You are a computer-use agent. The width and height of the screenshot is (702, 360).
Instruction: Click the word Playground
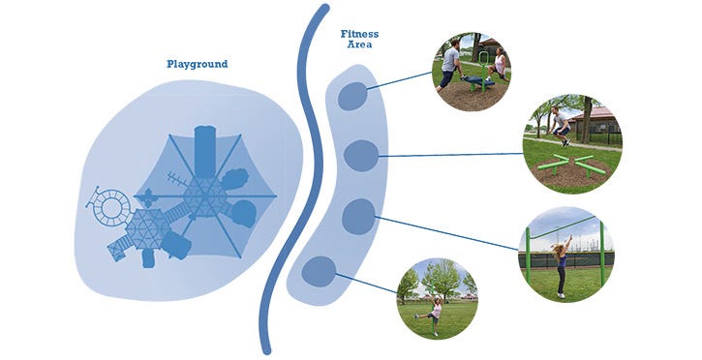click(x=197, y=64)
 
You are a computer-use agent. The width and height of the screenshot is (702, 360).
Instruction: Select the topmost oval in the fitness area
click(x=352, y=96)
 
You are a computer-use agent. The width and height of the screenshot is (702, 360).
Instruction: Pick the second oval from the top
click(x=362, y=155)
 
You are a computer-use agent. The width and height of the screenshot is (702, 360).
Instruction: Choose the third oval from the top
click(x=358, y=215)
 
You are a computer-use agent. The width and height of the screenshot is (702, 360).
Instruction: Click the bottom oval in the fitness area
click(x=319, y=272)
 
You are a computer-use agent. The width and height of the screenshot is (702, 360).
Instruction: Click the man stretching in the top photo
click(x=451, y=65)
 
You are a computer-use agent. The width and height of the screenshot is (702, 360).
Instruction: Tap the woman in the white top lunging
click(x=500, y=65)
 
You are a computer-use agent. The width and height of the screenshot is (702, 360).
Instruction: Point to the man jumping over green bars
click(x=560, y=125)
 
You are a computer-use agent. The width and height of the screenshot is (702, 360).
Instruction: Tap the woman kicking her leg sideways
click(x=434, y=312)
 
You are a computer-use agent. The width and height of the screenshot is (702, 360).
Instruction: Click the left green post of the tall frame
click(x=529, y=255)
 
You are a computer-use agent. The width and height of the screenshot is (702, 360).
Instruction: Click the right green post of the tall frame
click(x=601, y=254)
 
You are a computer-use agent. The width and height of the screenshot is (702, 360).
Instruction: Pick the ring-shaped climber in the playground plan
click(x=113, y=205)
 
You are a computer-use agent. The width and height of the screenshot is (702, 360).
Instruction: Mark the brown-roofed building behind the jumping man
click(x=601, y=118)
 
